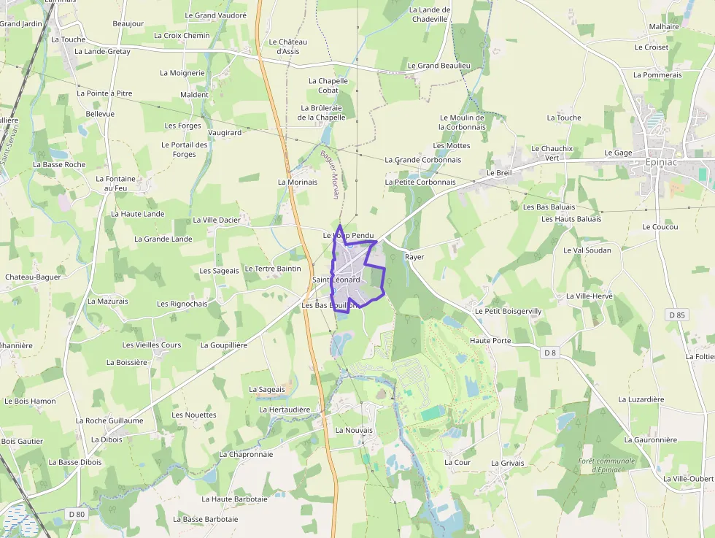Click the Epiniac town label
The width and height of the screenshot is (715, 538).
pyautogui.click(x=662, y=162)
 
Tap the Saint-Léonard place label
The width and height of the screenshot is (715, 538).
pyautogui.click(x=336, y=280)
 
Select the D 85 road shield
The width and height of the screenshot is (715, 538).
pyautogui.click(x=677, y=315)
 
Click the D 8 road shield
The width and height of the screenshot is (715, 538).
pyautogui.click(x=550, y=353)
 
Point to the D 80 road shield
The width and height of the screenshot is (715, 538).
pyautogui.click(x=77, y=514)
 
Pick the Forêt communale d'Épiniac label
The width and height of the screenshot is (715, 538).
pyautogui.click(x=606, y=465)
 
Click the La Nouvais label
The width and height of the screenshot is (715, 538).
pyautogui.click(x=354, y=430)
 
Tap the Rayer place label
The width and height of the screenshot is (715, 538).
pyautogui.click(x=414, y=257)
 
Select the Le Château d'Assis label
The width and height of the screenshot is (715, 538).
pyautogui.click(x=288, y=47)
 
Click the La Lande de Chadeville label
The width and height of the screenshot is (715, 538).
pyautogui.click(x=430, y=15)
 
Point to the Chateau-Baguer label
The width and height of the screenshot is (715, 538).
pyautogui.click(x=33, y=277)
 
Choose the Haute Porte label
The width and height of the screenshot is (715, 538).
pyautogui.click(x=491, y=340)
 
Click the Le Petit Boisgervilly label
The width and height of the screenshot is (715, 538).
pyautogui.click(x=508, y=311)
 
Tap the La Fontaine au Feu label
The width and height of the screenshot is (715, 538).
pyautogui.click(x=116, y=183)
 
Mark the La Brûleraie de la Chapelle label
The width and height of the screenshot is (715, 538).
pyautogui.click(x=321, y=112)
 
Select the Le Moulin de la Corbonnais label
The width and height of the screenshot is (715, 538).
pyautogui.click(x=463, y=122)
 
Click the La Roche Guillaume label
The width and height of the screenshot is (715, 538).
pyautogui.click(x=109, y=420)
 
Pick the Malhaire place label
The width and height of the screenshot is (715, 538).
pyautogui.click(x=664, y=26)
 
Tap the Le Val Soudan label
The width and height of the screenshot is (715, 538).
pyautogui.click(x=587, y=250)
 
